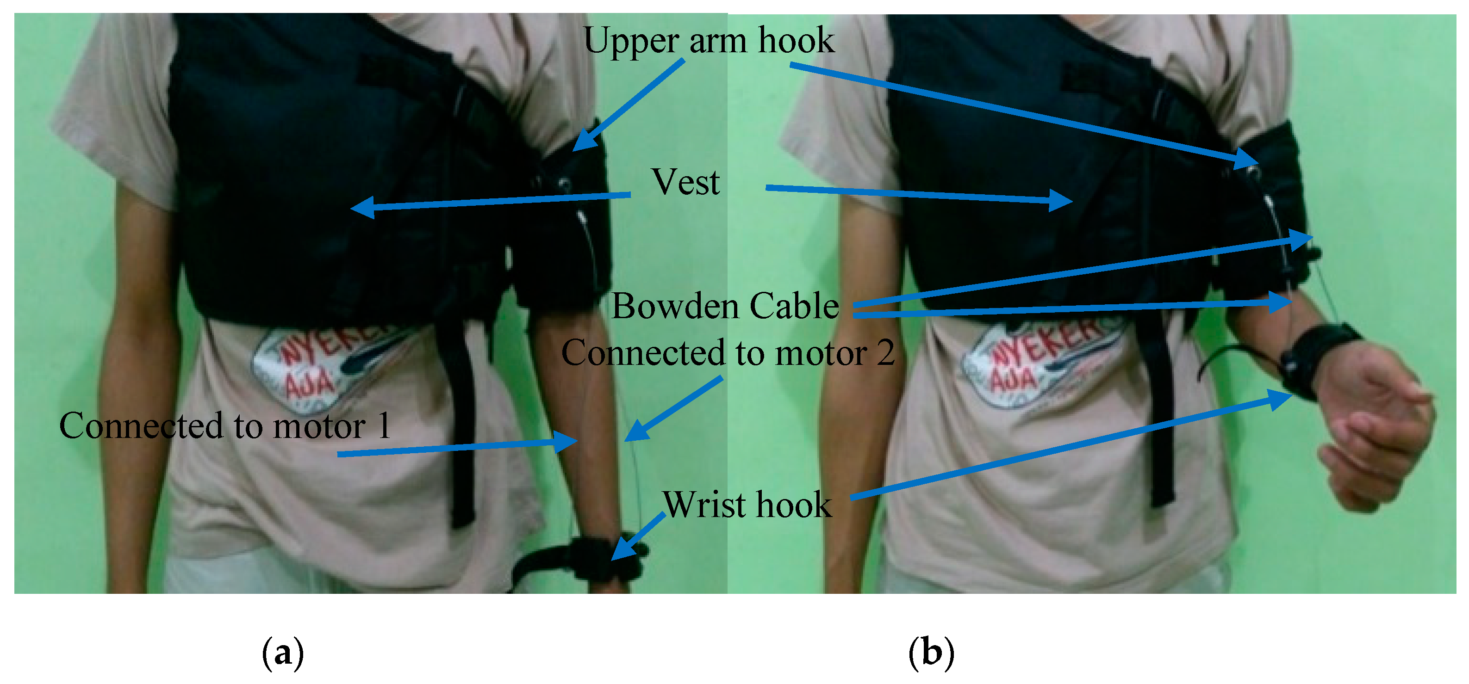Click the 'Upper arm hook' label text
tap(709, 41)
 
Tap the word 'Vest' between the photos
tap(685, 182)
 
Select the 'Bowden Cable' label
tap(725, 306)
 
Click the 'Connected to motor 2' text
tap(728, 353)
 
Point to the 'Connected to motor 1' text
tap(225, 426)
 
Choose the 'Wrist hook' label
tap(747, 505)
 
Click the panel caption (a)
tap(282, 653)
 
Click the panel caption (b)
tap(931, 653)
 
